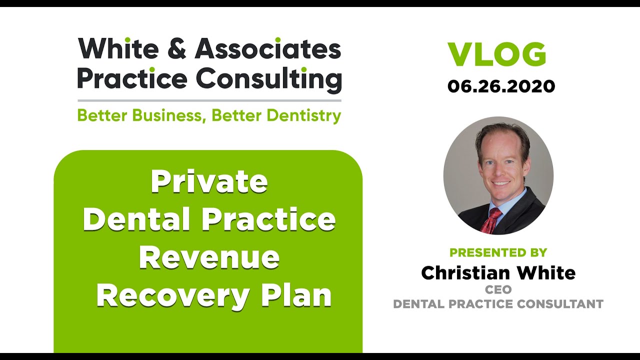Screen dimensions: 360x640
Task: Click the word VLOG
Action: click(496, 55)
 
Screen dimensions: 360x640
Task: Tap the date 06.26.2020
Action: click(501, 86)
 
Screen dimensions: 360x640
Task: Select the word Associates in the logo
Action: click(268, 49)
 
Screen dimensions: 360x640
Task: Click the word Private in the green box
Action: click(209, 182)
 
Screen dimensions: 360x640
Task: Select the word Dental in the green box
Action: click(141, 219)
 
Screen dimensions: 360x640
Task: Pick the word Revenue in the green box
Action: click(209, 257)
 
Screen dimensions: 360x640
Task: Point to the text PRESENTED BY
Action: click(498, 252)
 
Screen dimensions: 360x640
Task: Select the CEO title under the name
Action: click(498, 289)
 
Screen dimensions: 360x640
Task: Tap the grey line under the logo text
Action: click(209, 100)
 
